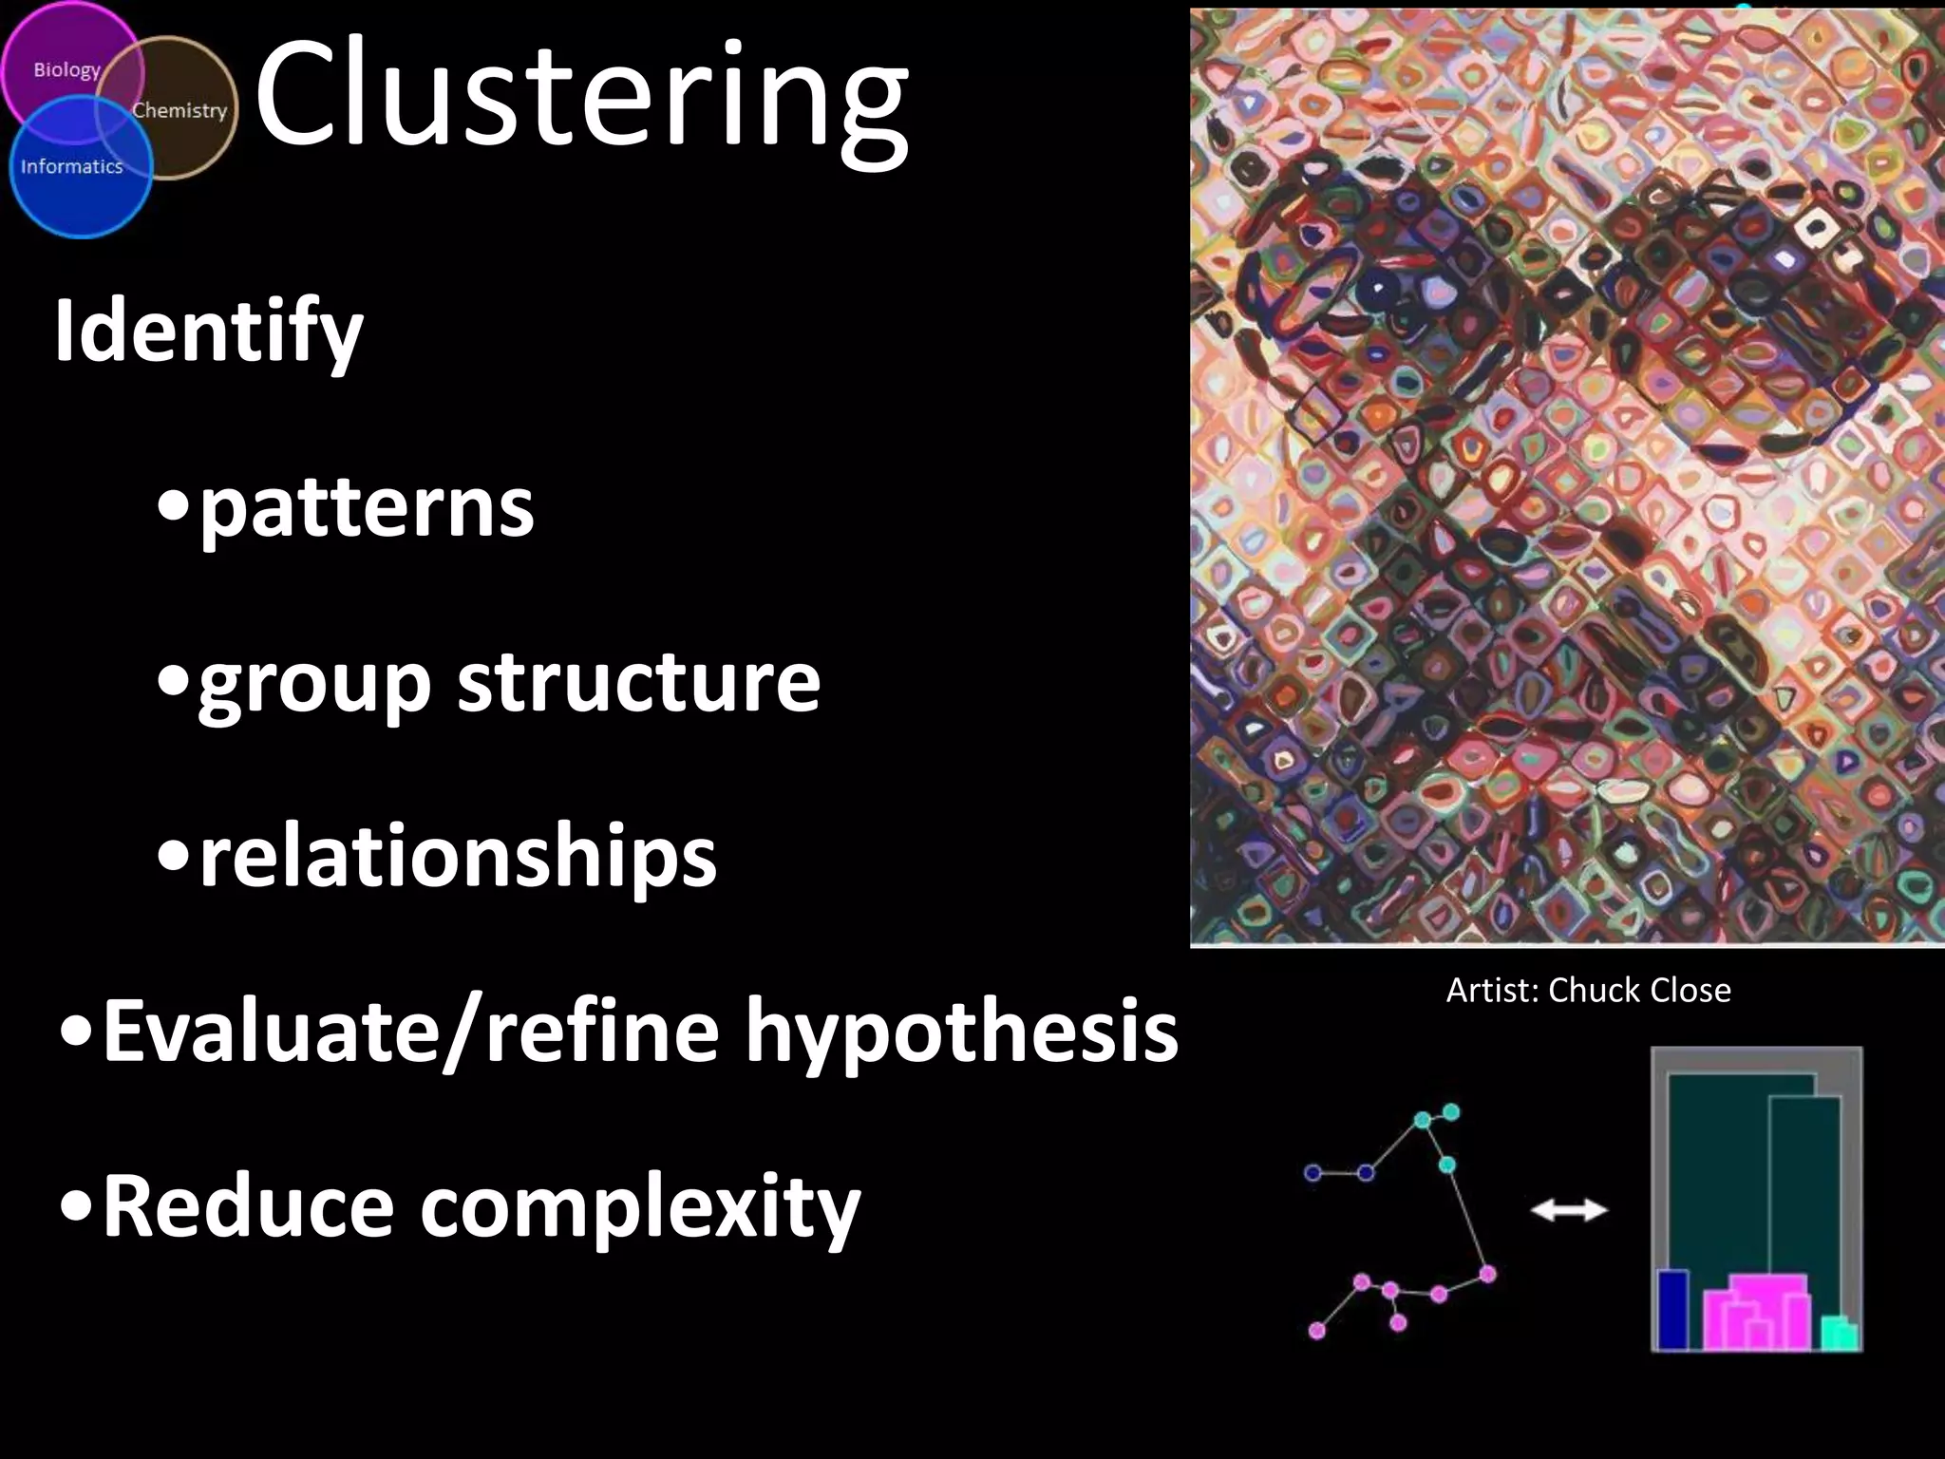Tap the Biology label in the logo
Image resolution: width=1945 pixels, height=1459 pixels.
tap(66, 70)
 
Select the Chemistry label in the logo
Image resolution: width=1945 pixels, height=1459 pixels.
tap(179, 110)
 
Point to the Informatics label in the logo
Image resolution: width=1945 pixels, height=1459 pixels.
tap(72, 166)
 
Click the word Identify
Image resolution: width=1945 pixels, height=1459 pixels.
tap(209, 332)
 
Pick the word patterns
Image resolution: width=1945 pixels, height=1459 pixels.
tap(367, 508)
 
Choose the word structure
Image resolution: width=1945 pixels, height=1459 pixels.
tap(639, 681)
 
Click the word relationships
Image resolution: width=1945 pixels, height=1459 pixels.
tap(458, 858)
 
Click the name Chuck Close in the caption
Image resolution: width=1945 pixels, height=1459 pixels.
tap(1639, 991)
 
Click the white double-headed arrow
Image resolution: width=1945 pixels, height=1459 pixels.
tap(1569, 1209)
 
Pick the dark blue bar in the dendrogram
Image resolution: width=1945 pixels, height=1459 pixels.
tap(1672, 1309)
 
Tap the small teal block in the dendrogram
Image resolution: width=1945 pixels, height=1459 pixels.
tap(1840, 1333)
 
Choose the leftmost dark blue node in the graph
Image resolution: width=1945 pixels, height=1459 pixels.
tap(1312, 1173)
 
